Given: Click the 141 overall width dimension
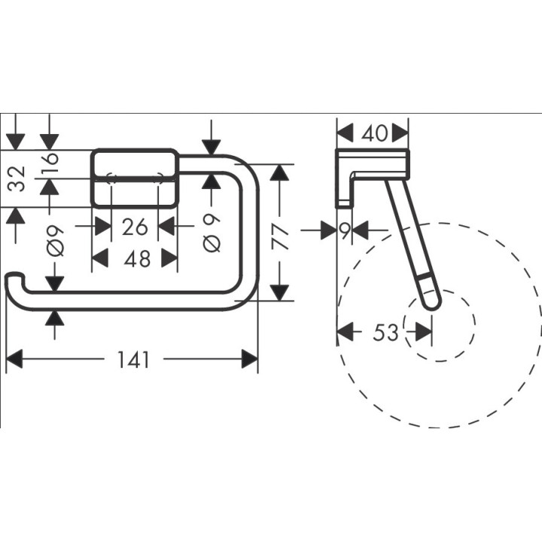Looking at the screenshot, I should click(133, 360).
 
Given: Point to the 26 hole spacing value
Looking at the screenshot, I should click(134, 224).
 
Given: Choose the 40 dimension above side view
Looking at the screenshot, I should click(374, 133).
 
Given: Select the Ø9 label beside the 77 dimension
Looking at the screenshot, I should click(212, 233).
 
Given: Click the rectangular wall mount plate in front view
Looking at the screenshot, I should click(135, 178).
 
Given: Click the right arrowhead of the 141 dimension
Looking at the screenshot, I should click(251, 360).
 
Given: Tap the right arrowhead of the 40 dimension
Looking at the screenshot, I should click(402, 133).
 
